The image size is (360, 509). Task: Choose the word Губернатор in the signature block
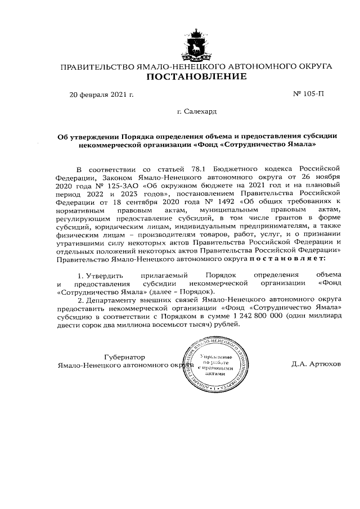[x=125, y=357]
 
